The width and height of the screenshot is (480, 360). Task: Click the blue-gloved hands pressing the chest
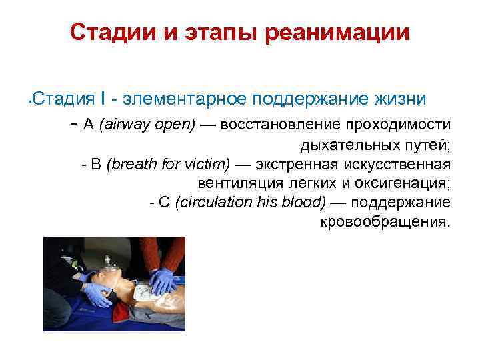pyautogui.click(x=163, y=280)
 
